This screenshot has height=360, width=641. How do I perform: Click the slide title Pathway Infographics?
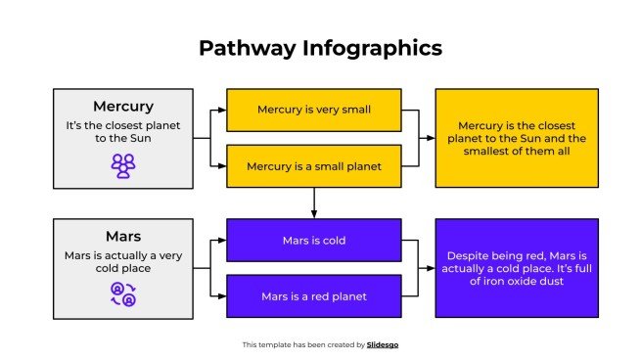(320, 48)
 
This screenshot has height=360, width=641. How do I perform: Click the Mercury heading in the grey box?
(122, 106)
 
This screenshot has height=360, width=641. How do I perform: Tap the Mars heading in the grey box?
(122, 236)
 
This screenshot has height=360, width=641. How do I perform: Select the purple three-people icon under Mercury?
(122, 166)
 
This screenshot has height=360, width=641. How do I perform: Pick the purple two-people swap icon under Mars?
(122, 293)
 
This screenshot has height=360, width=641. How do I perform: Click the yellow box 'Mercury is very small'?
(313, 110)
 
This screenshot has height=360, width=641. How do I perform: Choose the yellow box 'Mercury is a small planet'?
(313, 165)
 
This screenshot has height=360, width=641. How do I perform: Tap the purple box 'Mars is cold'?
(313, 240)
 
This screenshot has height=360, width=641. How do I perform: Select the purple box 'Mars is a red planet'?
(313, 295)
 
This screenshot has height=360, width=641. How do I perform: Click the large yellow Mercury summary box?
(515, 138)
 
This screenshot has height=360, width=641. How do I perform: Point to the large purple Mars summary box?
(515, 267)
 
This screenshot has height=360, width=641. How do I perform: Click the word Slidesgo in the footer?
(383, 344)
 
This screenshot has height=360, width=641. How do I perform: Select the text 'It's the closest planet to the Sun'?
(122, 132)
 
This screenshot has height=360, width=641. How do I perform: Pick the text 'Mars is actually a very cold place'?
(122, 261)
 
